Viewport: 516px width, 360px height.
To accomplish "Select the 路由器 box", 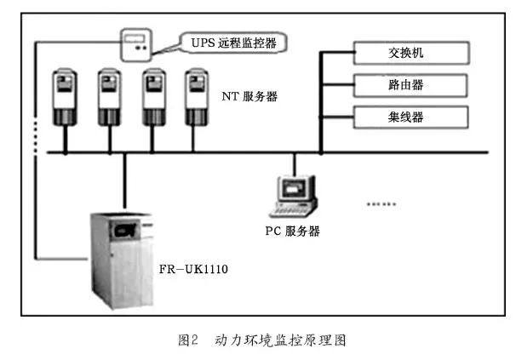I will point(410,84).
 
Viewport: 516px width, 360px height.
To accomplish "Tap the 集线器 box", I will point(410,115).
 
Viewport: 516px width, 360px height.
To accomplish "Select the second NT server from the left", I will point(110,97).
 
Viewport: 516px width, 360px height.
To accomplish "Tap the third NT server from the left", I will point(154,97).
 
